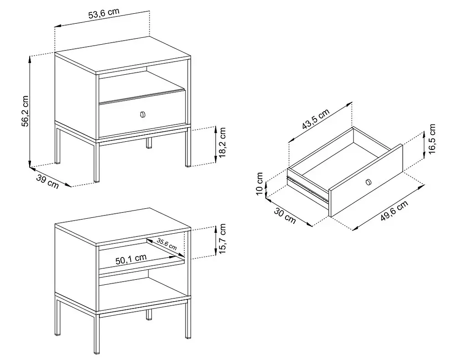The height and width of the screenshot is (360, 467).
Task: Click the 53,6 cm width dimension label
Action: pyautogui.click(x=104, y=14)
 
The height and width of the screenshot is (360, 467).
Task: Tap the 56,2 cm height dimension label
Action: pyautogui.click(x=25, y=111)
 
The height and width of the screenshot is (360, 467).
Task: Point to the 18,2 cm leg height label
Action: pyautogui.click(x=223, y=142)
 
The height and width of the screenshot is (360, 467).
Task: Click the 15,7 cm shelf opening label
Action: pyautogui.click(x=223, y=239)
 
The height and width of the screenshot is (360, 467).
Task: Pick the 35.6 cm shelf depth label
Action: pyautogui.click(x=167, y=244)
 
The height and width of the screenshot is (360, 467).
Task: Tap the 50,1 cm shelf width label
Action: pyautogui.click(x=131, y=259)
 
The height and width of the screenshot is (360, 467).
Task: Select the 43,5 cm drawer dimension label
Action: pyautogui.click(x=316, y=119)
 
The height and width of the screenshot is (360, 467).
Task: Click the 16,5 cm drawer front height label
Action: pyautogui.click(x=432, y=139)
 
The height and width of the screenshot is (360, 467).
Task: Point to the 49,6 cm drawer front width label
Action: pyautogui.click(x=394, y=211)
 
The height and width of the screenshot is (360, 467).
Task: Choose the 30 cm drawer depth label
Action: pyautogui.click(x=285, y=216)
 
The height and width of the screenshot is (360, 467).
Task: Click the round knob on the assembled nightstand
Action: pyautogui.click(x=143, y=114)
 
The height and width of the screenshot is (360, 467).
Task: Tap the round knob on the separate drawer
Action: pyautogui.click(x=368, y=182)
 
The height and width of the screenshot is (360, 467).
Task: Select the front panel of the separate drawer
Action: pyautogui.click(x=366, y=180)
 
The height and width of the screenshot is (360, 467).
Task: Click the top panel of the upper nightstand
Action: pyautogui.click(x=123, y=55)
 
